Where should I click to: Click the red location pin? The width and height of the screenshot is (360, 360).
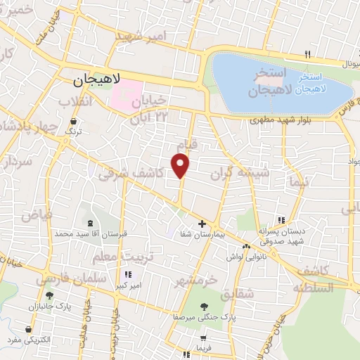click(x=181, y=165)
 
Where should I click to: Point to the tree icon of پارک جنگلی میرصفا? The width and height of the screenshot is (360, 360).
click(x=204, y=307)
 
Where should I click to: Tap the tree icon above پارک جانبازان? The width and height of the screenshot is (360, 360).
click(x=49, y=295)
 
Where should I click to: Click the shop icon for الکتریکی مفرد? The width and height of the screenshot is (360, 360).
click(x=27, y=328)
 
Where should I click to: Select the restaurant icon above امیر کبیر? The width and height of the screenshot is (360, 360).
click(x=128, y=274)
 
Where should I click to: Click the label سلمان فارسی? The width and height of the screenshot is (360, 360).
click(x=74, y=278)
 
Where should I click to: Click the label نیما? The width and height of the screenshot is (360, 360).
click(x=297, y=182)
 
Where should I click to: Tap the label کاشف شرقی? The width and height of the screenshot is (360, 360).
click(x=131, y=172)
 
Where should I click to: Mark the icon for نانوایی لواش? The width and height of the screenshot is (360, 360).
click(x=246, y=246)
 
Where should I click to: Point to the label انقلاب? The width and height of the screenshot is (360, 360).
click(x=75, y=103)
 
